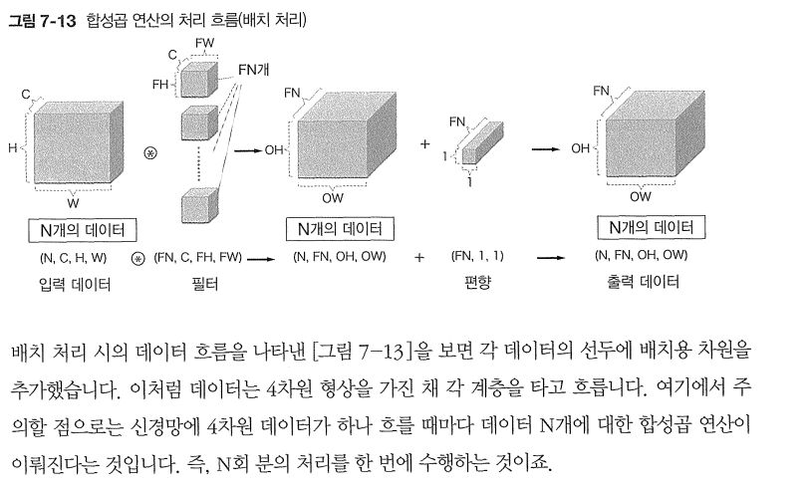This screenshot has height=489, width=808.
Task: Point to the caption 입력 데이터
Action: click(75, 285)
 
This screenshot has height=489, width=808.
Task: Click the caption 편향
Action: click(477, 285)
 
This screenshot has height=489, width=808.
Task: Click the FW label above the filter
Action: click(204, 43)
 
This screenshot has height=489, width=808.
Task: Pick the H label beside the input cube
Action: click(13, 147)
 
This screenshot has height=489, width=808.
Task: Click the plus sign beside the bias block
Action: click(425, 146)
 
